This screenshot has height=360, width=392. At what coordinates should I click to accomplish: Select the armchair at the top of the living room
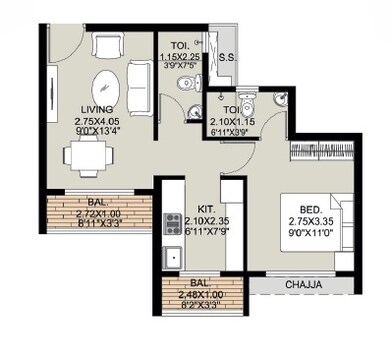(105, 46)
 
